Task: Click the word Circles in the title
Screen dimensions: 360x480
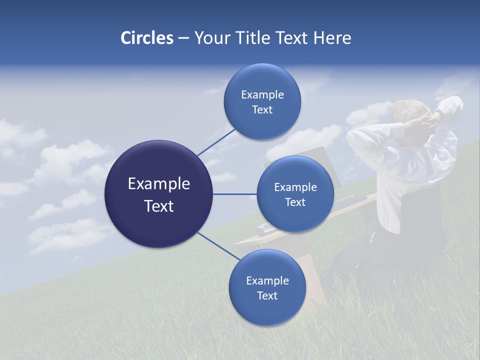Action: (146, 38)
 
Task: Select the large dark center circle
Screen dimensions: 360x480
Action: (159, 194)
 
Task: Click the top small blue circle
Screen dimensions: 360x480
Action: (262, 101)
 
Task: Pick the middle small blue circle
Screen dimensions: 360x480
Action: (295, 194)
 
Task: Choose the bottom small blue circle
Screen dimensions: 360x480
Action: (267, 287)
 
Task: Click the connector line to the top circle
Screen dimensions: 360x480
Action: (216, 141)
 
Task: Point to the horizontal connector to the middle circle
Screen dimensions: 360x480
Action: (234, 194)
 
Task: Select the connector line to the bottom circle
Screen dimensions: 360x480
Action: (218, 246)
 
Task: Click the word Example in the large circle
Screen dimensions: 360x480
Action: (159, 184)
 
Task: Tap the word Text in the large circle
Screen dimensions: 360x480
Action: (159, 206)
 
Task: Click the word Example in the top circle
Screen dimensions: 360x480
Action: (262, 94)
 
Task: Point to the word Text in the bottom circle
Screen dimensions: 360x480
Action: (267, 295)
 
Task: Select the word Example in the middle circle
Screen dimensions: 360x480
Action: (295, 187)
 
